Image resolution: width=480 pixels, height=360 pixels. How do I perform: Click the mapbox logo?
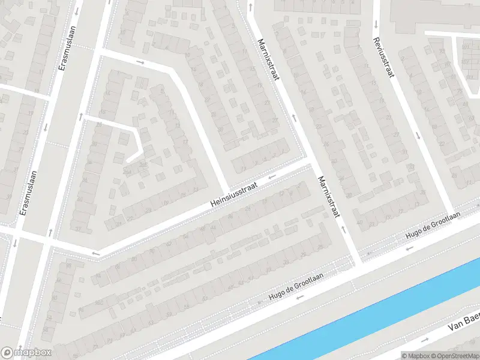(26, 352)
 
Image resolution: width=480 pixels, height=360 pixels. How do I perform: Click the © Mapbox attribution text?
(415, 355)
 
